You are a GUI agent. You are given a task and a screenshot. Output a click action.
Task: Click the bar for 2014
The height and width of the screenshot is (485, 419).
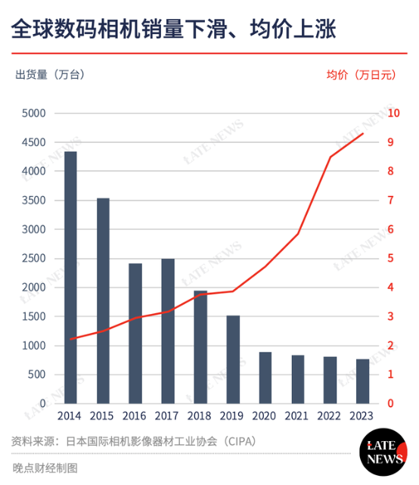click(x=70, y=277)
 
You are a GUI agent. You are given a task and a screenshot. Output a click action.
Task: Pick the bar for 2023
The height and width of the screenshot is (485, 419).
click(x=363, y=381)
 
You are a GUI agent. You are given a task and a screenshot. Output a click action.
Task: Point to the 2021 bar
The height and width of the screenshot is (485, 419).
click(x=298, y=379)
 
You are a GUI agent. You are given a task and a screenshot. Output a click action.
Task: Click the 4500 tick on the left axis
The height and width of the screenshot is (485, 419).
click(x=35, y=142)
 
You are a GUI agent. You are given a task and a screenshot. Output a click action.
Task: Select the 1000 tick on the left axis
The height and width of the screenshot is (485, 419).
click(x=35, y=346)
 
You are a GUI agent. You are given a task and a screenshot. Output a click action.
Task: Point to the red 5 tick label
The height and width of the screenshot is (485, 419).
click(x=390, y=258)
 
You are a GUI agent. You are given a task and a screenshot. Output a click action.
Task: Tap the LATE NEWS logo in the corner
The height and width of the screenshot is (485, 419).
click(x=385, y=452)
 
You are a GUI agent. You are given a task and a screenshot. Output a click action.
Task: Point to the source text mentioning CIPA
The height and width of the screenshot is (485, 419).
click(x=135, y=441)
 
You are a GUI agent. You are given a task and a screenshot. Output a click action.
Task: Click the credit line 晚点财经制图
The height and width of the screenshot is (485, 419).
click(x=45, y=468)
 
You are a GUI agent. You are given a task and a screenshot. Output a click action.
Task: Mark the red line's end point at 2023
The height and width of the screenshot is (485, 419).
click(x=363, y=133)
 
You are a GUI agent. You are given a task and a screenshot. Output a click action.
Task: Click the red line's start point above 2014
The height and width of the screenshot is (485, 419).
click(x=70, y=339)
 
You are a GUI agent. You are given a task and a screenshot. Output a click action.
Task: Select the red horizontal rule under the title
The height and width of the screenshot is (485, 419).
click(x=209, y=54)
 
